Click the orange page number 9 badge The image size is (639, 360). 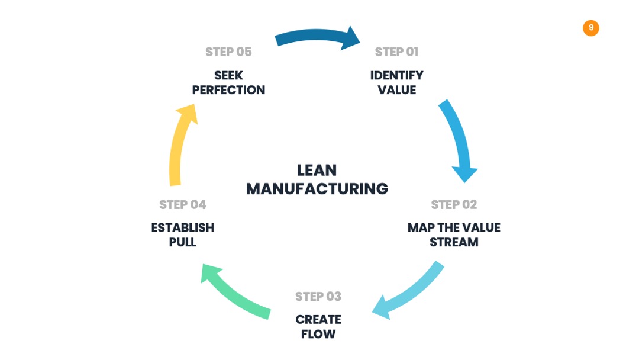[590, 28]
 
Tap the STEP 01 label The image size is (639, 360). [396, 52]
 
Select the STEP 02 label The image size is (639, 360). [454, 204]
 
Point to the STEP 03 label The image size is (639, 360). [318, 297]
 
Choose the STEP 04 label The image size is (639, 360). [183, 204]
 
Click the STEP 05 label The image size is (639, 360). [228, 52]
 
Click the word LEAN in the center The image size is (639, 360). [317, 170]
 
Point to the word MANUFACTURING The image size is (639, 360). [317, 189]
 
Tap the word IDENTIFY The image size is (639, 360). [396, 75]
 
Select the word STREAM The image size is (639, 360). [454, 242]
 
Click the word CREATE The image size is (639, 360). [318, 320]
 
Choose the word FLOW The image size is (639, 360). [318, 335]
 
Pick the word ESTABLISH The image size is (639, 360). [183, 227]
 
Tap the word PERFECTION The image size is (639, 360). [228, 90]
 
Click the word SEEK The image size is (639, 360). [228, 75]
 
